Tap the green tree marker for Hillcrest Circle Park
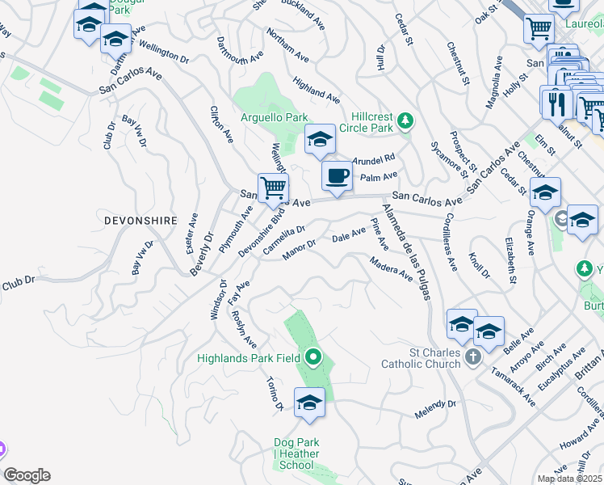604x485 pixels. point(407,121)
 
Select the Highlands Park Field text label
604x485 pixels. point(249,357)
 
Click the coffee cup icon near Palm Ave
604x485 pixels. point(336,175)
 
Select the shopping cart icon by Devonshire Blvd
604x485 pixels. point(274,188)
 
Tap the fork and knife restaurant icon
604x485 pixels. point(556,102)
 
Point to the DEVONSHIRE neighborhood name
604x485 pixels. point(140,219)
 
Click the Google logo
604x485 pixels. point(27,475)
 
